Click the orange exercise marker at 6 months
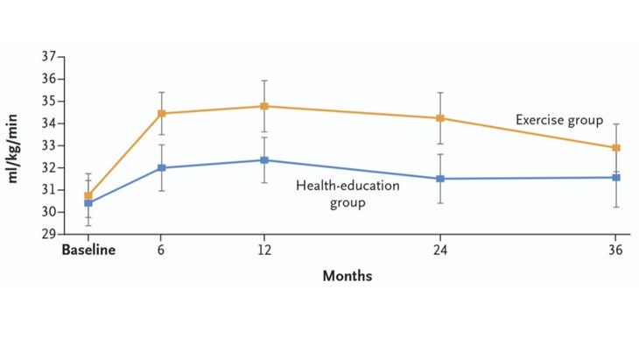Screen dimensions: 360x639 (161, 113)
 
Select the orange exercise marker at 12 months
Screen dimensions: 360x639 (263, 106)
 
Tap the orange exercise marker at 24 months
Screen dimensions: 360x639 (440, 118)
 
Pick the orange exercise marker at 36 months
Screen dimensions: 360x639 (616, 148)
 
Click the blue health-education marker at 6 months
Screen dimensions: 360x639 (161, 167)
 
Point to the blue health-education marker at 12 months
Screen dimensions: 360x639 (263, 160)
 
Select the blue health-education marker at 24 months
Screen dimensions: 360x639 (440, 179)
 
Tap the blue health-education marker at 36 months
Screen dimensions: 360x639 (616, 178)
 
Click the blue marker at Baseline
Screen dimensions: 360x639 (88, 203)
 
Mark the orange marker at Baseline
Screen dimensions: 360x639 (88, 195)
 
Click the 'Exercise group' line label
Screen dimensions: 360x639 (558, 120)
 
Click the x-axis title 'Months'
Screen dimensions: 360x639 (348, 276)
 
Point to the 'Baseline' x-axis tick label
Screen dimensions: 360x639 (88, 250)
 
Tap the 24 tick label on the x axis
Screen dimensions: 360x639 (440, 250)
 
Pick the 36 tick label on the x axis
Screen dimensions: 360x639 (616, 250)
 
